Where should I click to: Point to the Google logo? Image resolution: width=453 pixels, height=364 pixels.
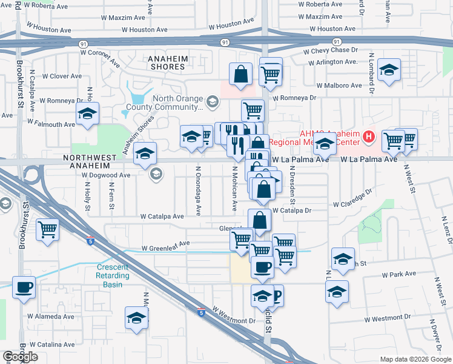(20, 357)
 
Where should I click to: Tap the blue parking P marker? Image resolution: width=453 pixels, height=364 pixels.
(276, 296)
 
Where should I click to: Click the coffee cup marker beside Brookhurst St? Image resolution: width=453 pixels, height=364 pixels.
(24, 287)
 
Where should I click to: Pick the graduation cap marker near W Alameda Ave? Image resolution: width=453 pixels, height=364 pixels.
(137, 318)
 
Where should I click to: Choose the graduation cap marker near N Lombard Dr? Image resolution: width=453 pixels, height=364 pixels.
(389, 70)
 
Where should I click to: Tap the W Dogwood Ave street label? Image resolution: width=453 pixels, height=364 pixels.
(107, 175)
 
